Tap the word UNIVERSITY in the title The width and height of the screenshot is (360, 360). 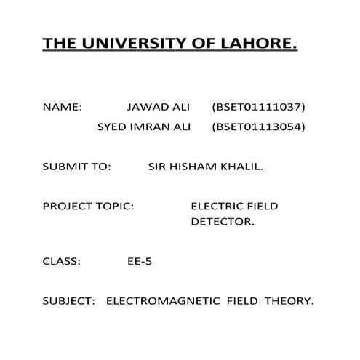pyautogui.click(x=129, y=45)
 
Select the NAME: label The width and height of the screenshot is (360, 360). pyautogui.click(x=63, y=107)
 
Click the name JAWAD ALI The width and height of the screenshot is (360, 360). pyautogui.click(x=158, y=107)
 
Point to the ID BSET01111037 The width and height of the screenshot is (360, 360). pyautogui.click(x=258, y=107)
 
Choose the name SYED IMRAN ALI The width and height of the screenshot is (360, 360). pyautogui.click(x=144, y=127)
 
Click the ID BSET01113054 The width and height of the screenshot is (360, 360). pyautogui.click(x=258, y=127)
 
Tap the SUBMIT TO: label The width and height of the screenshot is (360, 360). pyautogui.click(x=76, y=167)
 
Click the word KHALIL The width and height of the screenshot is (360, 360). pyautogui.click(x=244, y=167)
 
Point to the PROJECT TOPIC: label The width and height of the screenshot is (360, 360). pyautogui.click(x=88, y=207)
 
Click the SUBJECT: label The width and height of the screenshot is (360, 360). pyautogui.click(x=69, y=300)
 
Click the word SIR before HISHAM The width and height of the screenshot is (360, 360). pyautogui.click(x=157, y=167)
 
